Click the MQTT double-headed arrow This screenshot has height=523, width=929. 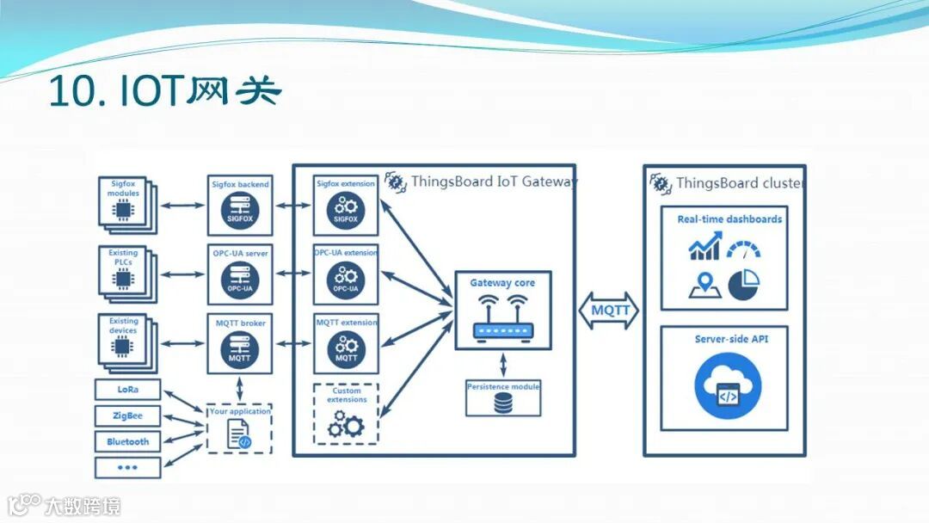pos(610,311)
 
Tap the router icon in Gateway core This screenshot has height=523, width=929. pos(503,317)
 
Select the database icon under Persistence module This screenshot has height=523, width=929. pos(503,403)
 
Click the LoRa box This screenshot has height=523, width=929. pos(127,390)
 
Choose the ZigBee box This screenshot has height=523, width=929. pos(127,415)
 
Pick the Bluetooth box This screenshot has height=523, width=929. pos(127,441)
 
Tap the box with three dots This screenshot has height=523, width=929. pos(127,467)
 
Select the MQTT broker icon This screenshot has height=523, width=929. pos(239,349)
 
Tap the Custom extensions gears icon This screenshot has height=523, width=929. pos(347,423)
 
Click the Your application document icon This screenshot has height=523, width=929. pos(238,434)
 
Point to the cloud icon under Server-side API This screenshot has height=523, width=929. pos(728,389)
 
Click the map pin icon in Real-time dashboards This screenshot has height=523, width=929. pos(703,285)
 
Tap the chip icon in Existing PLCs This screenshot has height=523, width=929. pos(122,278)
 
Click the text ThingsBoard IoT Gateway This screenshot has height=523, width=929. pos(494,182)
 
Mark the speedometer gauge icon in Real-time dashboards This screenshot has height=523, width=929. pos(743,249)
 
